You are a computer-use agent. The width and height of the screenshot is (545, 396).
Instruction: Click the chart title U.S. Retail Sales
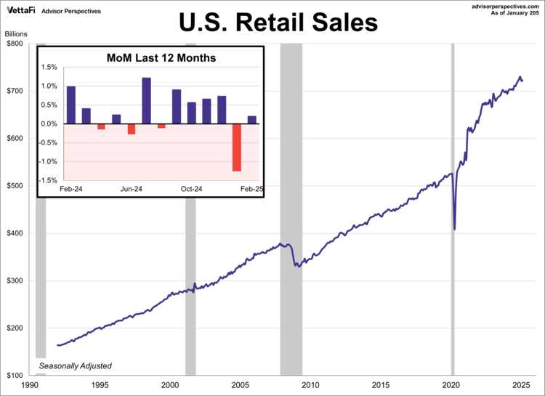coord(279,23)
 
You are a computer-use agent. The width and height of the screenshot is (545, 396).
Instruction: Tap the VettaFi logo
coord(21,11)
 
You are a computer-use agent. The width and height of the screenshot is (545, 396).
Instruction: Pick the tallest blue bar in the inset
coord(146,100)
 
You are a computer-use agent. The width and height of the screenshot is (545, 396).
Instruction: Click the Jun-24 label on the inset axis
coord(131,189)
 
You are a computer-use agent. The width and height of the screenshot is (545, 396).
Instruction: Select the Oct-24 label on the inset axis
coord(191,189)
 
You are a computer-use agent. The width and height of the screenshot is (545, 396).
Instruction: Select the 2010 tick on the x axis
coord(310,385)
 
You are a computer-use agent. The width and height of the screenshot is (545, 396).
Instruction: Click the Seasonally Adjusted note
coord(76,365)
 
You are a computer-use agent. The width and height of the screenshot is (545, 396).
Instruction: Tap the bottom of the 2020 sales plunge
coord(455,229)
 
